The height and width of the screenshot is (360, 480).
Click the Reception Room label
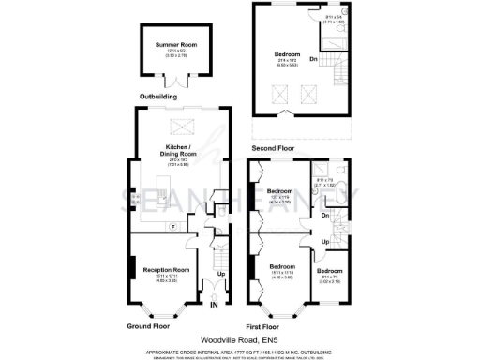click(166, 270)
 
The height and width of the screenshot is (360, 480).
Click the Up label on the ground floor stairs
click(221, 275)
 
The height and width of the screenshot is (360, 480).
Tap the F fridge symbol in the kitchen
click(172, 228)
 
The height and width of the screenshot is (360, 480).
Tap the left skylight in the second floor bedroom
click(278, 93)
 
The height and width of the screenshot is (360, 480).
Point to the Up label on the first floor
click(325, 241)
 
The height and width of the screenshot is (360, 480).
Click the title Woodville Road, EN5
click(239, 341)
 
